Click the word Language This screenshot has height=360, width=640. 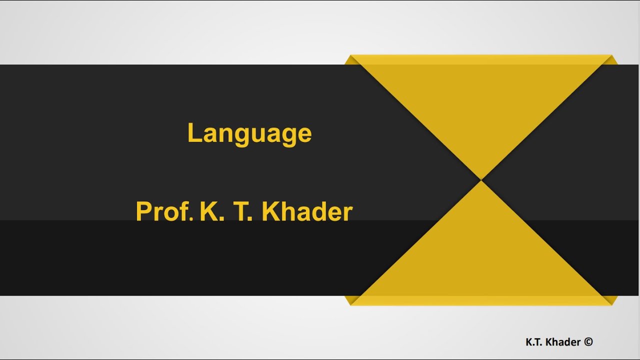click(x=249, y=133)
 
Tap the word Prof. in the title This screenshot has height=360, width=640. click(x=164, y=211)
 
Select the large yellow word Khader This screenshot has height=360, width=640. click(x=307, y=211)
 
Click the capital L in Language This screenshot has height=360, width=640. click(x=194, y=132)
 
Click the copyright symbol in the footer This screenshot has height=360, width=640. click(x=588, y=342)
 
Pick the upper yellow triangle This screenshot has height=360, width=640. click(x=481, y=110)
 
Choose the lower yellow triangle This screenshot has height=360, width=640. click(x=481, y=250)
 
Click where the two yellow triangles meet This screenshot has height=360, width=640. click(x=481, y=180)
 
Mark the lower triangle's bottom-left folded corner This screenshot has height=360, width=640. click(x=350, y=300)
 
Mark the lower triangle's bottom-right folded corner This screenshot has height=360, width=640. click(x=612, y=300)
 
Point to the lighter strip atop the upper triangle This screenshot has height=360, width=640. click(x=481, y=59)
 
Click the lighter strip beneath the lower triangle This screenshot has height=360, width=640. click(x=481, y=300)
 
